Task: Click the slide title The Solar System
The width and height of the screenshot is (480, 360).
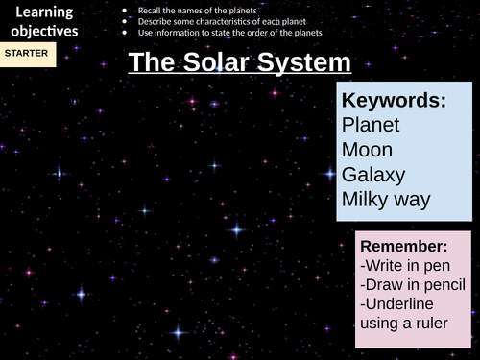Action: (239, 63)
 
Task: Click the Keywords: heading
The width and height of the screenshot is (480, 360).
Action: (394, 100)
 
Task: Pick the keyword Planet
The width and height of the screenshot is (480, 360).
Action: (371, 125)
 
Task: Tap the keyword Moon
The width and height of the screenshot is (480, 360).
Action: (368, 150)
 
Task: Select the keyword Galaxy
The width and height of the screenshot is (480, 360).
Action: (373, 175)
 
